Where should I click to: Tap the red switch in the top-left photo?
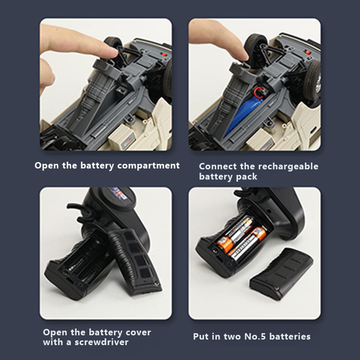coord(164,55)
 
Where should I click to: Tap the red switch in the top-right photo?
coord(308,53)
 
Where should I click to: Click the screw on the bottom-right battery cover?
coord(277,288)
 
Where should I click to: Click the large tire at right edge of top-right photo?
coord(313,81)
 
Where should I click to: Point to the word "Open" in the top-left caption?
coord(46,166)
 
